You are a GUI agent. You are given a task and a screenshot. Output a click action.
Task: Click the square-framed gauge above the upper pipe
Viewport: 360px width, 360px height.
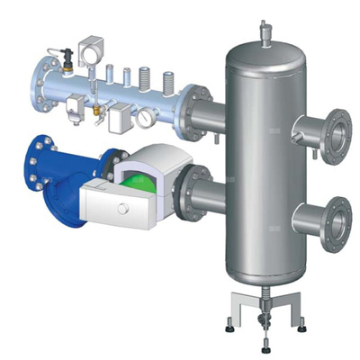tap(92, 49)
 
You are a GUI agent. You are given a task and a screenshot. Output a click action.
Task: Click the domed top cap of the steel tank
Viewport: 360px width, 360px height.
tap(263, 52)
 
